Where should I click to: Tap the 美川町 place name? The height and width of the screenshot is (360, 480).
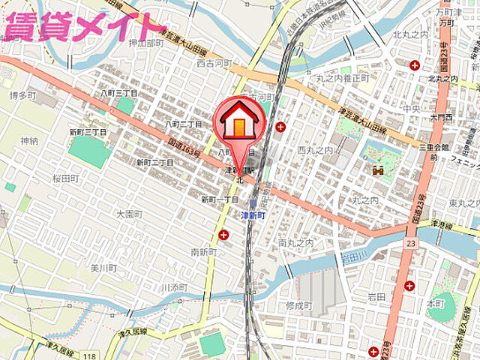(103, 268)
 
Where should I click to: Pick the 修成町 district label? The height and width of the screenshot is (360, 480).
(298, 306)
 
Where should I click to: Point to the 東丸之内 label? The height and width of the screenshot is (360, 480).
(460, 203)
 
